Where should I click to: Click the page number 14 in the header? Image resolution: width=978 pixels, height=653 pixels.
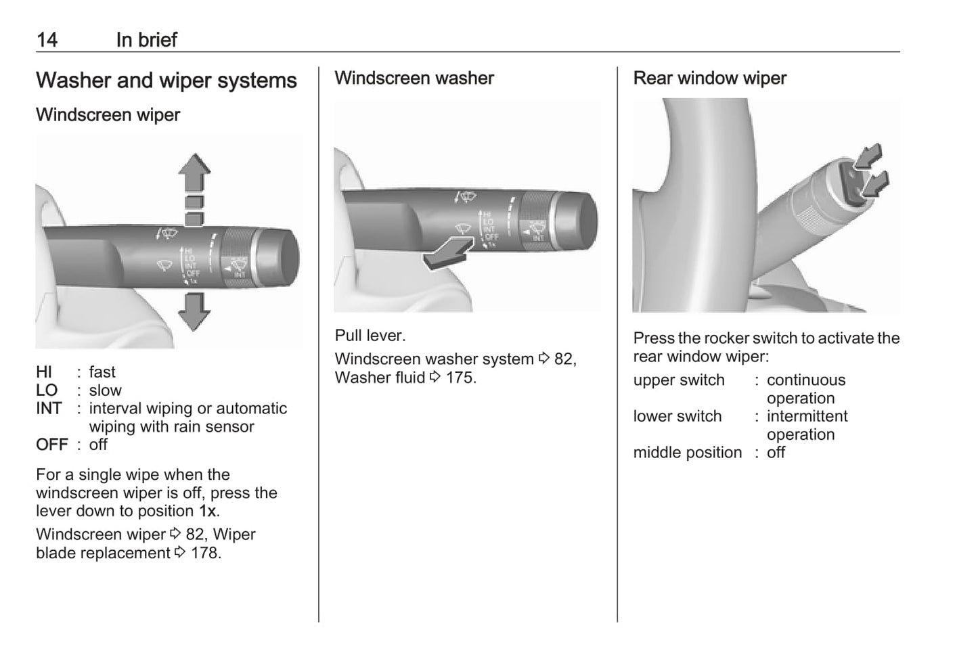pos(47,40)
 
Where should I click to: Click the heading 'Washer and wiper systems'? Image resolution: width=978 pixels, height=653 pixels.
pos(166,81)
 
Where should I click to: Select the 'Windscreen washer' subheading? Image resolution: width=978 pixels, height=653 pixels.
pos(414,78)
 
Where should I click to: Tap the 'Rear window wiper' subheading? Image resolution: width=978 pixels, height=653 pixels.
pos(709,78)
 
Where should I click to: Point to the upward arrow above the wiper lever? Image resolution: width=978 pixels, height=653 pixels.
pos(194,175)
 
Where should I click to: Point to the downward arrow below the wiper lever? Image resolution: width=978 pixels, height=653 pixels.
pos(194,312)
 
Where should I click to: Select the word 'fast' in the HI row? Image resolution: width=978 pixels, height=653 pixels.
pos(102,372)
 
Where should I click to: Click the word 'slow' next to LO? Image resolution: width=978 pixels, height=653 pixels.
pos(105,390)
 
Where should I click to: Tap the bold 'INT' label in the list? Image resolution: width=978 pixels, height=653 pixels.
pos(49,409)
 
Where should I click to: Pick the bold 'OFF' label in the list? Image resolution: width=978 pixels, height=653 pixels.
pos(52,445)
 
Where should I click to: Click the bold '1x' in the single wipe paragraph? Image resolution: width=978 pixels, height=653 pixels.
pos(208,512)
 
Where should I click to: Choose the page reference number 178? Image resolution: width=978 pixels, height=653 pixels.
pos(204,553)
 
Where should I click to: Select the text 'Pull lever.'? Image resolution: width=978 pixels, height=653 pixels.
pos(370,336)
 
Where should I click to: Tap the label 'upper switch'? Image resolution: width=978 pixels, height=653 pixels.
pos(678,380)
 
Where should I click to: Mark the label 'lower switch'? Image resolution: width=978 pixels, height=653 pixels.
pos(677,416)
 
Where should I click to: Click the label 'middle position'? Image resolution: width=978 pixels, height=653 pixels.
pos(687,453)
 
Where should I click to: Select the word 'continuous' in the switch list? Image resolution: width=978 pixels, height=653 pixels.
pos(805,380)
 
